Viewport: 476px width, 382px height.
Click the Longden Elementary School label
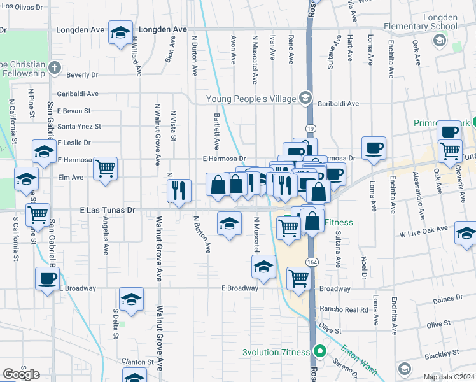click(x=420, y=27)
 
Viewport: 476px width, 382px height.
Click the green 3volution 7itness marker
click(x=321, y=352)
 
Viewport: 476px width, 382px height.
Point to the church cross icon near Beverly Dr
click(x=55, y=67)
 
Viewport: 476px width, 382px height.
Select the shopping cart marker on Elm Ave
click(x=105, y=168)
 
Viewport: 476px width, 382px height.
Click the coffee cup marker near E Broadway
click(x=47, y=278)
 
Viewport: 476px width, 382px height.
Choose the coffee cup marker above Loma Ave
click(x=374, y=148)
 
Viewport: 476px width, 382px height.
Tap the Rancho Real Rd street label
click(x=346, y=309)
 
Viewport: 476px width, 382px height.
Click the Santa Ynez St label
click(x=79, y=126)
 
